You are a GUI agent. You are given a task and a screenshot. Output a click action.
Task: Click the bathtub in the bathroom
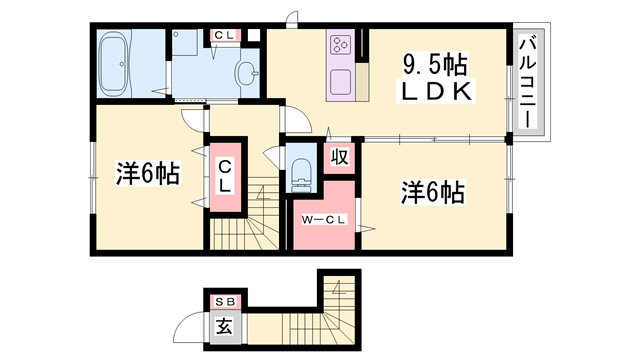pyautogui.click(x=115, y=64)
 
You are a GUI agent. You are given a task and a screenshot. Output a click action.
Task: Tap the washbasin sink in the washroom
pyautogui.click(x=247, y=73)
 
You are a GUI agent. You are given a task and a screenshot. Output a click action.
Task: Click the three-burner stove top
pyautogui.click(x=340, y=44)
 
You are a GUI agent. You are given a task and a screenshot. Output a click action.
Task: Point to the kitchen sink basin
pyautogui.click(x=340, y=81)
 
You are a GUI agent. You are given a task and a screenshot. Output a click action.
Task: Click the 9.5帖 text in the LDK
pyautogui.click(x=435, y=65)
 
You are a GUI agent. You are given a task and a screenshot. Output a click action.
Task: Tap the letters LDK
pyautogui.click(x=435, y=92)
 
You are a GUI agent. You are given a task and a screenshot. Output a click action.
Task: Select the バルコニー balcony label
pyautogui.click(x=528, y=81)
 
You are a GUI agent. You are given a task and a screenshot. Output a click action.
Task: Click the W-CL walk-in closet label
pyautogui.click(x=324, y=220)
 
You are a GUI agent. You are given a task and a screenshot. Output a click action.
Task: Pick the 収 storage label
pyautogui.click(x=340, y=156)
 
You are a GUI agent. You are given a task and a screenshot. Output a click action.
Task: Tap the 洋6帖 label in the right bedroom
pyautogui.click(x=433, y=192)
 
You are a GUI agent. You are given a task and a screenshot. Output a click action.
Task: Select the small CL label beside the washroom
pyautogui.click(x=224, y=36)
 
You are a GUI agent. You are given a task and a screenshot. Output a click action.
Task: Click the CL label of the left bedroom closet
pyautogui.click(x=225, y=176)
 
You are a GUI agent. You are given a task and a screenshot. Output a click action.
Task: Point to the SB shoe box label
pyautogui.click(x=225, y=302)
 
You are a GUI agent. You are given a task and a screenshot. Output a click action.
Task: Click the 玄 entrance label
pyautogui.click(x=225, y=326)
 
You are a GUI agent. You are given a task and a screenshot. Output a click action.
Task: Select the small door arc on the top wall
pyautogui.click(x=291, y=18)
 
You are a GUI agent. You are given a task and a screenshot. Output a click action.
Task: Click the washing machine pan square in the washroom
pyautogui.click(x=184, y=43)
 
